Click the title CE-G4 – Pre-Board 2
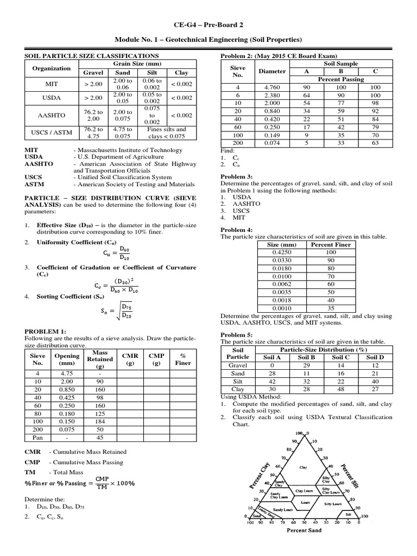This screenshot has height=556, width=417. tap(208, 25)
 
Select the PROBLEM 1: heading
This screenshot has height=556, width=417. tap(46, 331)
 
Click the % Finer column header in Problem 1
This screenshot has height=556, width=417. tap(179, 359)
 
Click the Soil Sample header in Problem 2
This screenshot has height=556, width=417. tap(340, 64)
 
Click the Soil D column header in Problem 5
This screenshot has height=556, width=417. tap(375, 357)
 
